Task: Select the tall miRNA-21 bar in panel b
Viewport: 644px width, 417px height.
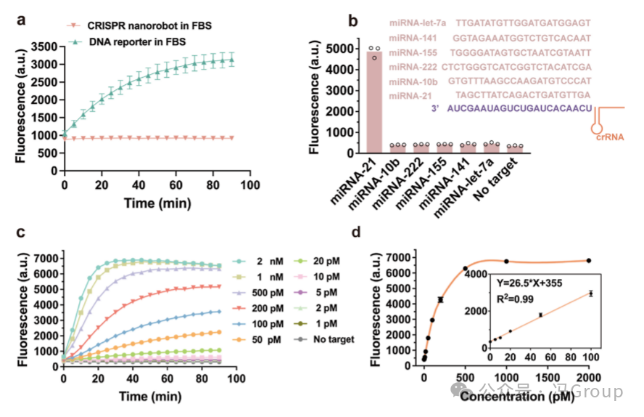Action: (x=375, y=102)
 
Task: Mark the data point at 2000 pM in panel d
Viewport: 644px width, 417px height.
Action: (x=588, y=260)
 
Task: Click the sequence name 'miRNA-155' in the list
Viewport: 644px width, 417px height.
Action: (x=416, y=52)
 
